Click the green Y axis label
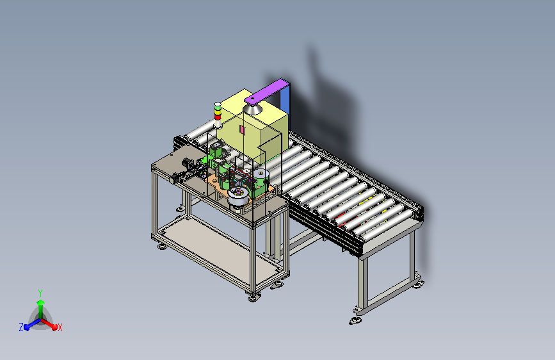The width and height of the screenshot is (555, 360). [40, 293]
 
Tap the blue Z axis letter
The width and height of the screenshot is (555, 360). [21, 327]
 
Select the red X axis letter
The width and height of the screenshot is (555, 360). [60, 327]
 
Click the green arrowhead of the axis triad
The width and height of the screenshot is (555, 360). [41, 302]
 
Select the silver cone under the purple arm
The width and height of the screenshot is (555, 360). [253, 108]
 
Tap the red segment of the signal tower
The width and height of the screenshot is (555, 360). [218, 117]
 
